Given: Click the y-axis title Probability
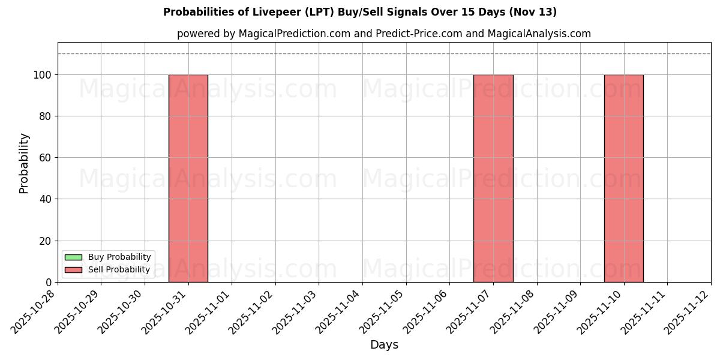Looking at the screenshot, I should pyautogui.click(x=24, y=163).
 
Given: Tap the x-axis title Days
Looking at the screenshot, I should pyautogui.click(x=384, y=345).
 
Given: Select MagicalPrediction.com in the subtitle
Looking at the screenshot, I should pyautogui.click(x=294, y=34).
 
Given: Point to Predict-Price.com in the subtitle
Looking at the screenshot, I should pyautogui.click(x=419, y=34).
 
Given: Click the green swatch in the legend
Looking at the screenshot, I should pyautogui.click(x=73, y=257).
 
